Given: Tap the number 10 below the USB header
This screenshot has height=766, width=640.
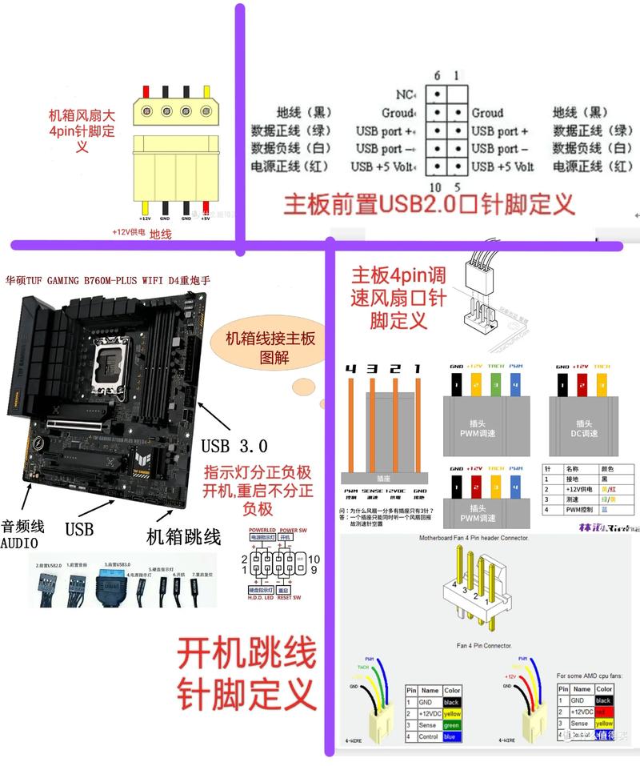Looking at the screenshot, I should point(436,187).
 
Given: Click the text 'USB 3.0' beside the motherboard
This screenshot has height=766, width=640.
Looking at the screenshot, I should point(234,446).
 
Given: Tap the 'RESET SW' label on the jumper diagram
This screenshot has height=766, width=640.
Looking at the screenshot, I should point(286,597).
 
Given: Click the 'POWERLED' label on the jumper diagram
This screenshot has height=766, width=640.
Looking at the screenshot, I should point(262,530).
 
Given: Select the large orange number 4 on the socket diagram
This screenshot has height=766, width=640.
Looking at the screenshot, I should point(350,369).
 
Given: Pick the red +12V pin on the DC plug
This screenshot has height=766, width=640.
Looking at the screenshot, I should point(582,387).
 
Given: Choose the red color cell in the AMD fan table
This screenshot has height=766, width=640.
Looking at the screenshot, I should point(604,712).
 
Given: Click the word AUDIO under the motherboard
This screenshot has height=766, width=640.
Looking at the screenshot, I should point(25,543).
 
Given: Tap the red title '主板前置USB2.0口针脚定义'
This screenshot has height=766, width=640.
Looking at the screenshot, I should point(430,203).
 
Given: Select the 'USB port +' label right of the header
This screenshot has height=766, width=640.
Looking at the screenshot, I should point(499,131).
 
